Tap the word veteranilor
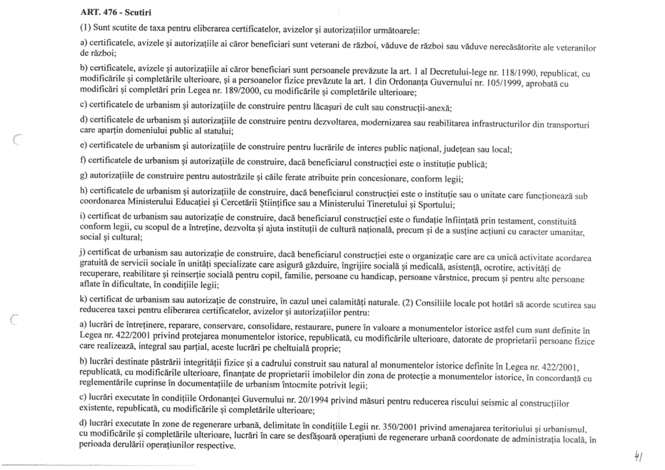571,48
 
